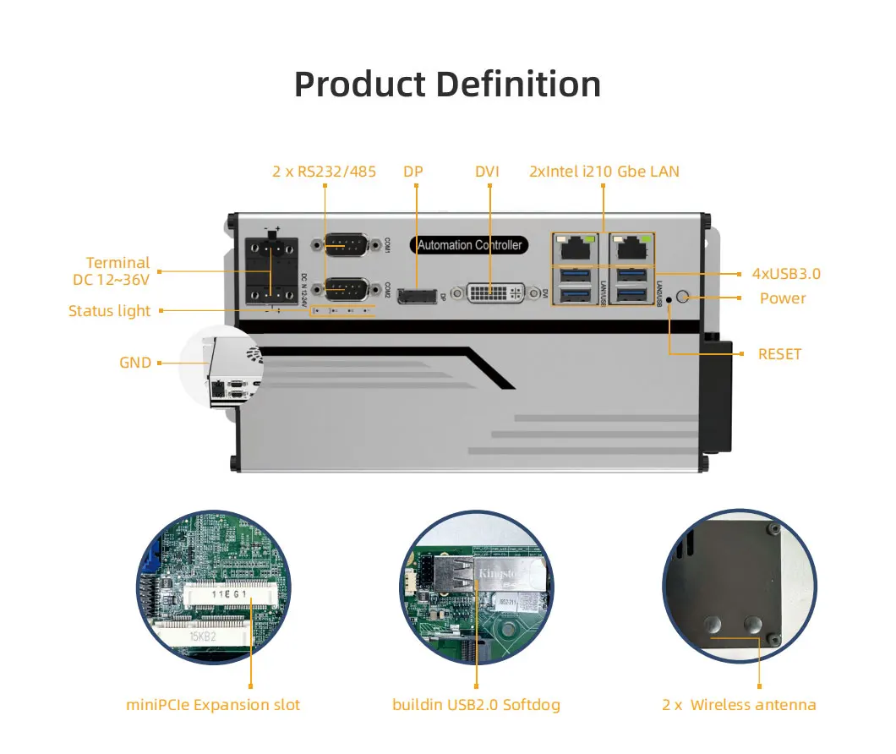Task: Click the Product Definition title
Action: click(x=447, y=85)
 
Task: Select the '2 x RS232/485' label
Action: click(x=324, y=172)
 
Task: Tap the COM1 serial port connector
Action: click(x=345, y=245)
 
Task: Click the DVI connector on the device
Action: click(x=495, y=292)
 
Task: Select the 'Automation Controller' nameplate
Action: click(x=471, y=245)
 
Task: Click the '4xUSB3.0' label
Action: click(x=786, y=273)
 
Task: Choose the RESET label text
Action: click(x=779, y=354)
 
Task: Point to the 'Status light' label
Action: click(x=109, y=311)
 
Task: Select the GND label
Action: click(x=135, y=363)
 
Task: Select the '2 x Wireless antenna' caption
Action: click(x=739, y=704)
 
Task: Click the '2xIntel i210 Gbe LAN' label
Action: click(x=604, y=172)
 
